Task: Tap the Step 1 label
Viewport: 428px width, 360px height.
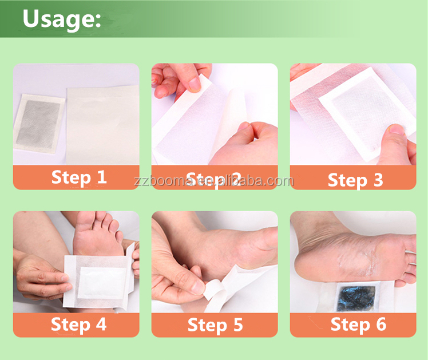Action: (x=79, y=177)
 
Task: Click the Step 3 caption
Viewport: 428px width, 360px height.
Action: (x=355, y=180)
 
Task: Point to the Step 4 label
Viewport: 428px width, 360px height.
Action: (x=78, y=325)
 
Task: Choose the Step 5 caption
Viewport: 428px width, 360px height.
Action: (x=215, y=325)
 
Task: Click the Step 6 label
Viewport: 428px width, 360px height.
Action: (x=358, y=325)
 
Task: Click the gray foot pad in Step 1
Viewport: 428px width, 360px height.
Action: (x=39, y=122)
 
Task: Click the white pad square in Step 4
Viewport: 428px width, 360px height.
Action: (x=101, y=282)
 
